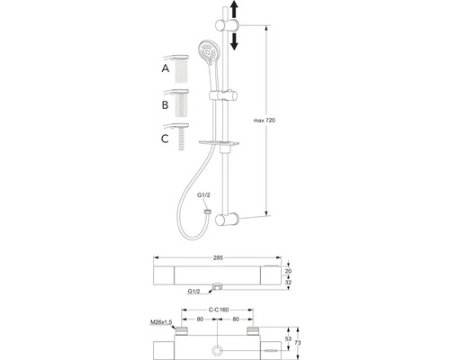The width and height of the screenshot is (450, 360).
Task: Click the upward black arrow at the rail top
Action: (x=234, y=10)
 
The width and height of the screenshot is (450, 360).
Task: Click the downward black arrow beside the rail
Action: (x=234, y=41)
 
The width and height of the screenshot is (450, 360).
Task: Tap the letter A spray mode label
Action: (x=166, y=68)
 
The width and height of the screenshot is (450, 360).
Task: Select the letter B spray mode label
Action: (x=165, y=105)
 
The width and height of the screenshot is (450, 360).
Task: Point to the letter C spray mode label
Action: (x=165, y=139)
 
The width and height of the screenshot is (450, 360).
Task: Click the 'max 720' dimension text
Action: (x=265, y=121)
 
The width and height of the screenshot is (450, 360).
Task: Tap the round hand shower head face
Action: (x=209, y=51)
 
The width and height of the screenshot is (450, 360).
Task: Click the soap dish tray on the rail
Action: (x=219, y=143)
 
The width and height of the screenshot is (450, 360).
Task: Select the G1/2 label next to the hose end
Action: (x=203, y=195)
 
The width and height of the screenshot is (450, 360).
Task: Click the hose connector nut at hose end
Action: (x=207, y=211)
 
